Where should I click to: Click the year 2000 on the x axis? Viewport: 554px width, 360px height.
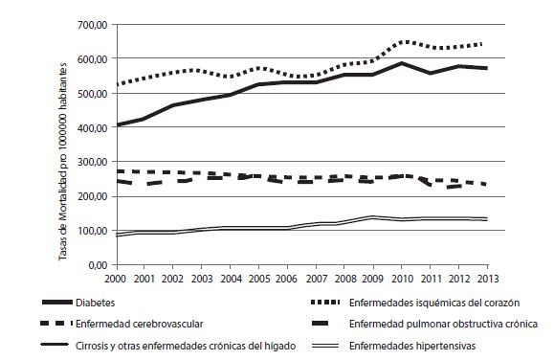(117, 277)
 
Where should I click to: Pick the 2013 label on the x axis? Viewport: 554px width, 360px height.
(487, 277)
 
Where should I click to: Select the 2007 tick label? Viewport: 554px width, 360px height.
(317, 277)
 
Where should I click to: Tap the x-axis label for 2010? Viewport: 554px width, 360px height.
(402, 277)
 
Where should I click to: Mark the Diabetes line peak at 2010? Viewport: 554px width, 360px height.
(402, 63)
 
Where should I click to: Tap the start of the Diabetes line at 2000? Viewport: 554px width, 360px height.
(118, 124)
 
